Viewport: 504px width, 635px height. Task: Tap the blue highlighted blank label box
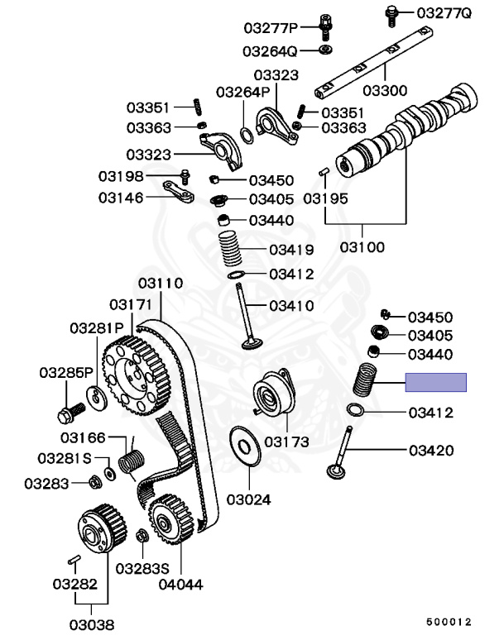[435, 382]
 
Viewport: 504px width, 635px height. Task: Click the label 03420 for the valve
[430, 451]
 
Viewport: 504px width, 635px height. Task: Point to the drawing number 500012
[449, 621]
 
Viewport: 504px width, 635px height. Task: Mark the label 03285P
[66, 373]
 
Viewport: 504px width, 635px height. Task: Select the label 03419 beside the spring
[290, 249]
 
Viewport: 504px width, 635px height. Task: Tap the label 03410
[290, 305]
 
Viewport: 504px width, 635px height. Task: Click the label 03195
[325, 198]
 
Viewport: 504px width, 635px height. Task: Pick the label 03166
[83, 436]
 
